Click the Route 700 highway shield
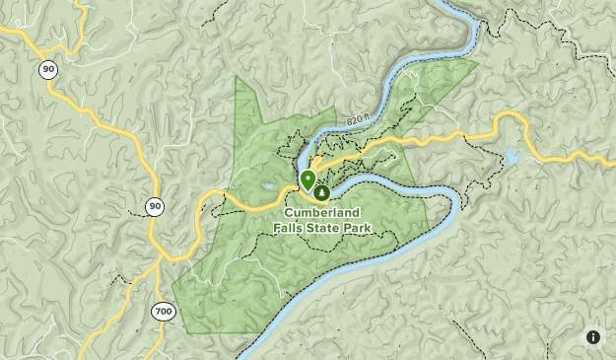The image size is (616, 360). (x=163, y=312)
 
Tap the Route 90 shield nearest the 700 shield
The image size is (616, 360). (x=154, y=206)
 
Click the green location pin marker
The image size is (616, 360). (x=308, y=180)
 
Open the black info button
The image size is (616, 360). (x=593, y=337)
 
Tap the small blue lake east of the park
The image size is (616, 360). (x=510, y=156)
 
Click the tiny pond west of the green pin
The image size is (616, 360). (x=267, y=184)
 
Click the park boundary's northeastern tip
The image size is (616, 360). (x=478, y=63)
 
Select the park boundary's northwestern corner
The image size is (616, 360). (x=237, y=77)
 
